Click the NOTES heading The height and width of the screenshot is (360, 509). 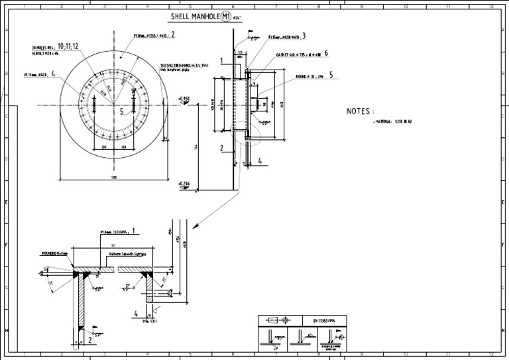[x=360, y=111]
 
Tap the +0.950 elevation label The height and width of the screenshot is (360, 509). [x=184, y=98]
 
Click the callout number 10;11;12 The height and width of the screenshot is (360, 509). [x=68, y=46]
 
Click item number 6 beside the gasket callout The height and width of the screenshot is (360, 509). [x=326, y=53]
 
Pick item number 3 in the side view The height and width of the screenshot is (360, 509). [x=304, y=36]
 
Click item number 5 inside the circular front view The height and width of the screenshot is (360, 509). [x=121, y=111]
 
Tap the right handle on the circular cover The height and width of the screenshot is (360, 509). [x=133, y=103]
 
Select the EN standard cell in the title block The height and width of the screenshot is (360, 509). [x=325, y=321]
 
